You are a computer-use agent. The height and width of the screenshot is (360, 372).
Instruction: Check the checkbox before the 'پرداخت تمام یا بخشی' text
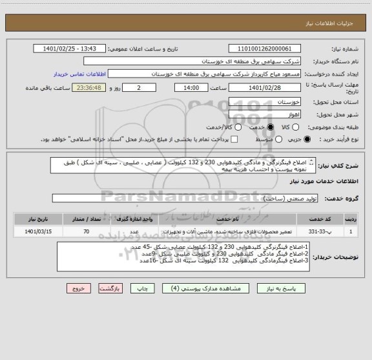coord(234,139)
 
